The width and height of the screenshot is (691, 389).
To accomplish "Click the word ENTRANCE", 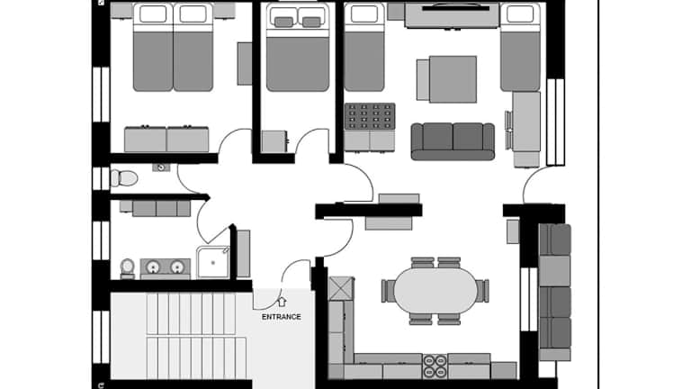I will point(281,317).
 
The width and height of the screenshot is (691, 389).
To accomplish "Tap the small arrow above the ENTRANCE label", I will point(282,303).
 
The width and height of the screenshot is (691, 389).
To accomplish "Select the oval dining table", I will point(435,291).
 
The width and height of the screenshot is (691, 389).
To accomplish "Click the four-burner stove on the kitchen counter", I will point(435,366).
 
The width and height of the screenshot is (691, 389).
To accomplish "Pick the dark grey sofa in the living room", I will point(453,140).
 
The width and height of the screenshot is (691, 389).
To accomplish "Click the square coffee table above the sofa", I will point(447,79).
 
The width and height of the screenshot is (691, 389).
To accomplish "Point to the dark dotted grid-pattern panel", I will point(370,116).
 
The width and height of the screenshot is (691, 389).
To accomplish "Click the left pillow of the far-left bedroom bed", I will point(152,14).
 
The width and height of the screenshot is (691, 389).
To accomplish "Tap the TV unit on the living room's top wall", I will point(452,15).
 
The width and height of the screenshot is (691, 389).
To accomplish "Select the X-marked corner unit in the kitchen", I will point(341,289).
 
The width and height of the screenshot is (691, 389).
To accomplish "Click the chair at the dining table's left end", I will point(388,291).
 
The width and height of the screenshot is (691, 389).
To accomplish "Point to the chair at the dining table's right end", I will point(483,291).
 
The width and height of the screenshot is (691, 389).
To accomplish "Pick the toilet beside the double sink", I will point(127,267).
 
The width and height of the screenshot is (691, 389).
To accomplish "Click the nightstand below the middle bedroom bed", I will point(273,141).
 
